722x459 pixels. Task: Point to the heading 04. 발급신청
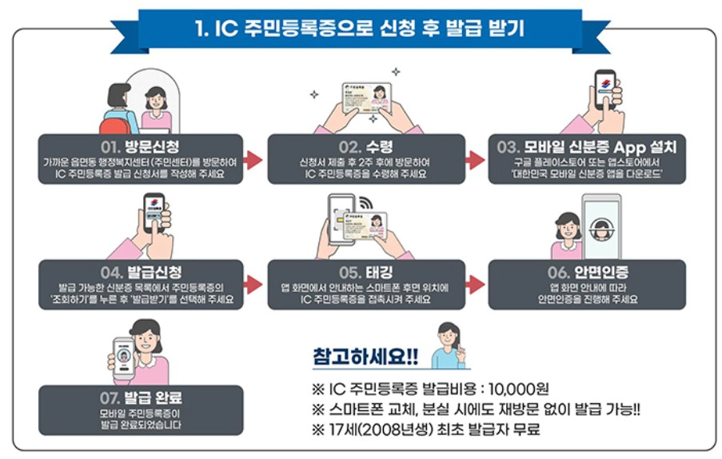click(139, 272)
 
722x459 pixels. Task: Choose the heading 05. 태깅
click(365, 272)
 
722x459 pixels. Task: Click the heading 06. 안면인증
click(588, 272)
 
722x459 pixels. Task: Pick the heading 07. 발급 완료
click(140, 397)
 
